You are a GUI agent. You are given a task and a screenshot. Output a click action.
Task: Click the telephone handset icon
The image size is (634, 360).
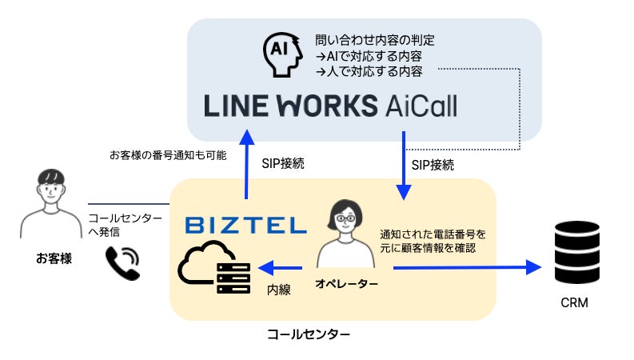click(122, 262)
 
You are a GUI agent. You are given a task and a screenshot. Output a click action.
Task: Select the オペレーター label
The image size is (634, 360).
click(346, 284)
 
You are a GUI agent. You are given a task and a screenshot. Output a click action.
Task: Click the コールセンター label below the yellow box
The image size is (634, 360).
click(308, 332)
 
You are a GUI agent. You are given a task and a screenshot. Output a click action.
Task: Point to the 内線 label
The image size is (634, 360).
click(278, 290)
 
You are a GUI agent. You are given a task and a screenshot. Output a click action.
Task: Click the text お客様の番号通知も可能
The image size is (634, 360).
click(156, 154)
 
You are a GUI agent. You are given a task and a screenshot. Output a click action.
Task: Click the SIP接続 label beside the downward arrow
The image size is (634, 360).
click(433, 166)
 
